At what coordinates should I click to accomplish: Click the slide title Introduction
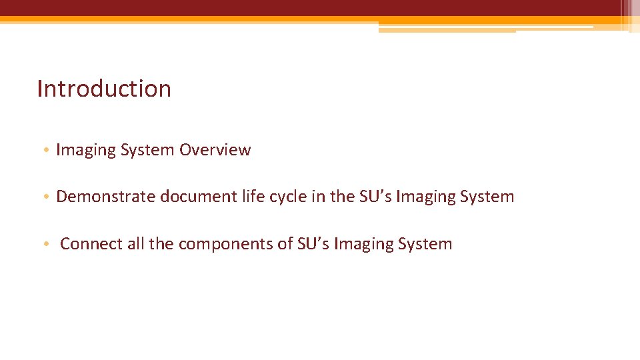[104, 89]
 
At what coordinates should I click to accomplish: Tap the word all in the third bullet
[135, 244]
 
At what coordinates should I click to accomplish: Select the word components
[225, 244]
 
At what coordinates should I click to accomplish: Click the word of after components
[285, 244]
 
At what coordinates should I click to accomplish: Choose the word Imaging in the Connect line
[363, 244]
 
